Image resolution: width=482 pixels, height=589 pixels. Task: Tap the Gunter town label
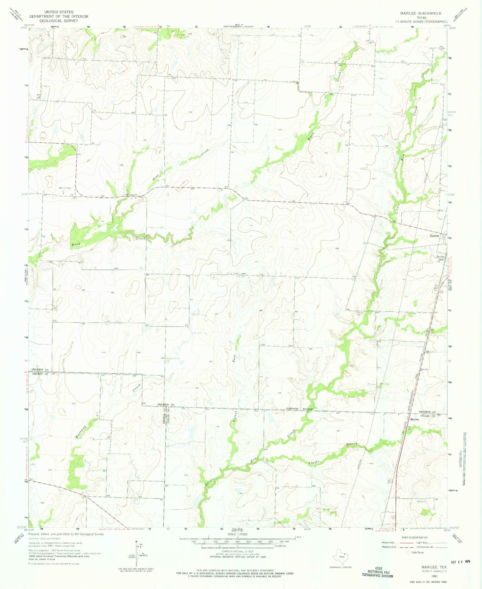pyautogui.click(x=434, y=236)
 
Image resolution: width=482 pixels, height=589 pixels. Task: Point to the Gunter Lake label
pyautogui.click(x=440, y=258)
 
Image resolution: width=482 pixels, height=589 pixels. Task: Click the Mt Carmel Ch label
pyautogui.click(x=131, y=195)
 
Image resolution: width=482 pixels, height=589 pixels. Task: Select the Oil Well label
pyautogui.click(x=67, y=188)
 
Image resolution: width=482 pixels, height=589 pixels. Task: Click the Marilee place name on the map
pyautogui.click(x=415, y=419)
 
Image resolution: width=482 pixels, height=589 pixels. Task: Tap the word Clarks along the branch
pyautogui.click(x=314, y=462)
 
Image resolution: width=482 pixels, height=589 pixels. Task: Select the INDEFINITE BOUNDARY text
pyautogui.click(x=300, y=409)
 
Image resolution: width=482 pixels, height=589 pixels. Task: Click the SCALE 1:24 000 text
pyautogui.click(x=237, y=534)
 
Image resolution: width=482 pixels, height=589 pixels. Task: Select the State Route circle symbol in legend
pyautogui.click(x=408, y=553)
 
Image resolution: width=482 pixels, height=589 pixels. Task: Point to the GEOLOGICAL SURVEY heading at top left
pyautogui.click(x=59, y=21)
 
